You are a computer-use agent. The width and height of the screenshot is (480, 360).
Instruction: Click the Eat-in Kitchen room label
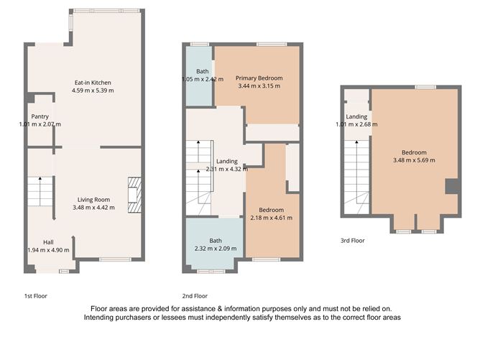pos(93,82)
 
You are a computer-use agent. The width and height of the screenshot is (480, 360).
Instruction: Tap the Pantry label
pos(40,116)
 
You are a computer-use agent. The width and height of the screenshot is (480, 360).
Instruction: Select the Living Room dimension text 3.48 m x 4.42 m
pos(93,208)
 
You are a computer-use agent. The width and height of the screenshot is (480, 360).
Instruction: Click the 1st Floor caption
pos(36,295)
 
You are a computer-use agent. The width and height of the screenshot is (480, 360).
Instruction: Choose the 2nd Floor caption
pos(195,295)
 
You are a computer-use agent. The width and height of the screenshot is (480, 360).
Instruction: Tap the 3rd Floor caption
pos(353,241)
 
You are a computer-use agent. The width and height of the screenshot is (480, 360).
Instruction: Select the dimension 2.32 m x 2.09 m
pos(215,248)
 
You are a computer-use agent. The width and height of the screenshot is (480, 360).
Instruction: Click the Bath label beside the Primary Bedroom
pos(203,71)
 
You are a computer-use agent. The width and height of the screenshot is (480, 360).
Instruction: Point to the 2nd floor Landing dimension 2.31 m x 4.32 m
pos(226,169)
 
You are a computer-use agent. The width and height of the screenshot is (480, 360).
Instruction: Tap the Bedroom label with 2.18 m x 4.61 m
pos(270,210)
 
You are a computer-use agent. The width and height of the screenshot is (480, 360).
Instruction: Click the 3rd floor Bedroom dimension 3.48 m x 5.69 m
pos(414,160)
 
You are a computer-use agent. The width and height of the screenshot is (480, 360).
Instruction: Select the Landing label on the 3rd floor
pos(356,116)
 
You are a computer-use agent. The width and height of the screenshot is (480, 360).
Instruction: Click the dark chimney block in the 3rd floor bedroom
pos(452,186)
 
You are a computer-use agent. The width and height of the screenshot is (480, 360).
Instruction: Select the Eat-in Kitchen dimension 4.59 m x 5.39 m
pos(93,91)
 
